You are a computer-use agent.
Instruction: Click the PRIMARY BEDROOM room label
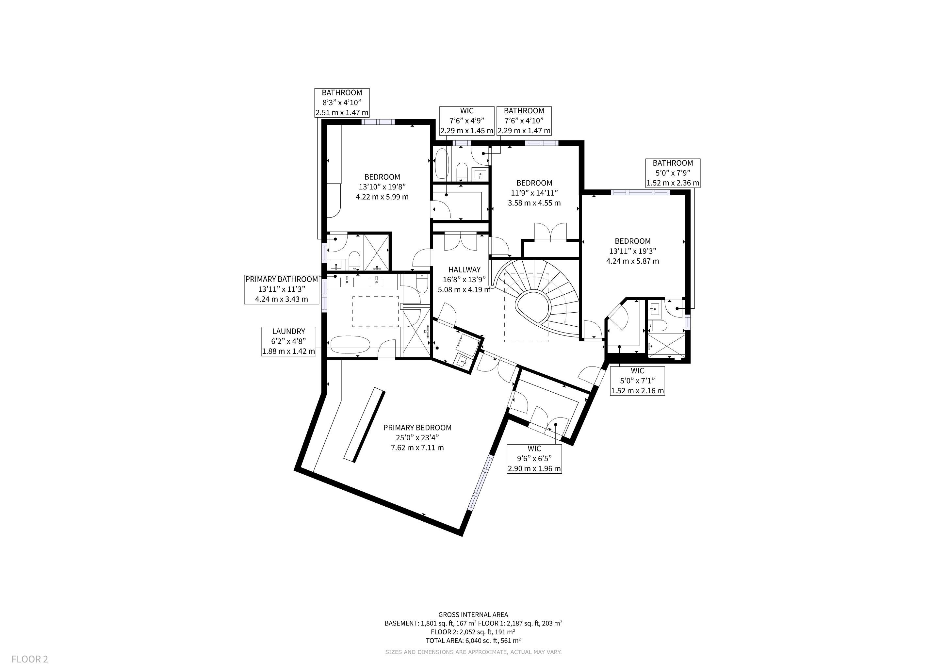(x=417, y=437)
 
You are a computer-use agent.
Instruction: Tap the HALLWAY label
(x=465, y=279)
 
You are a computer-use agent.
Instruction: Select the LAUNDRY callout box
(x=289, y=341)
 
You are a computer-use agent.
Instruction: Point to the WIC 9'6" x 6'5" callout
(x=534, y=459)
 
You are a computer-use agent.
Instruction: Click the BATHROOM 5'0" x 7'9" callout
(x=673, y=173)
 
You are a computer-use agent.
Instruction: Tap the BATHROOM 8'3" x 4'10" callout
(x=342, y=103)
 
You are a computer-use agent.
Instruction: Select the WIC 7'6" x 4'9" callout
(x=467, y=121)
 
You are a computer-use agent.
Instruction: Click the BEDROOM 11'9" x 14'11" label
(x=534, y=193)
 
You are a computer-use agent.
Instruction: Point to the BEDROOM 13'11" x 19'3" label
(x=632, y=251)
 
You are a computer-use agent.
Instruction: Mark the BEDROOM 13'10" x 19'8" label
(x=383, y=187)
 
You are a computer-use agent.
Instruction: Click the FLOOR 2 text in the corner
(x=30, y=659)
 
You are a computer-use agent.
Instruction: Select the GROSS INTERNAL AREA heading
(x=473, y=615)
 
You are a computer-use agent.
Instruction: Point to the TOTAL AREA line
(x=473, y=641)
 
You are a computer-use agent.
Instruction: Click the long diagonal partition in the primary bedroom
(x=364, y=425)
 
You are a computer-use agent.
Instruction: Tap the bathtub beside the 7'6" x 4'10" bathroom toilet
(x=441, y=164)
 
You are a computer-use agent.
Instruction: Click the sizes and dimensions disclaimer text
(x=473, y=652)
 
